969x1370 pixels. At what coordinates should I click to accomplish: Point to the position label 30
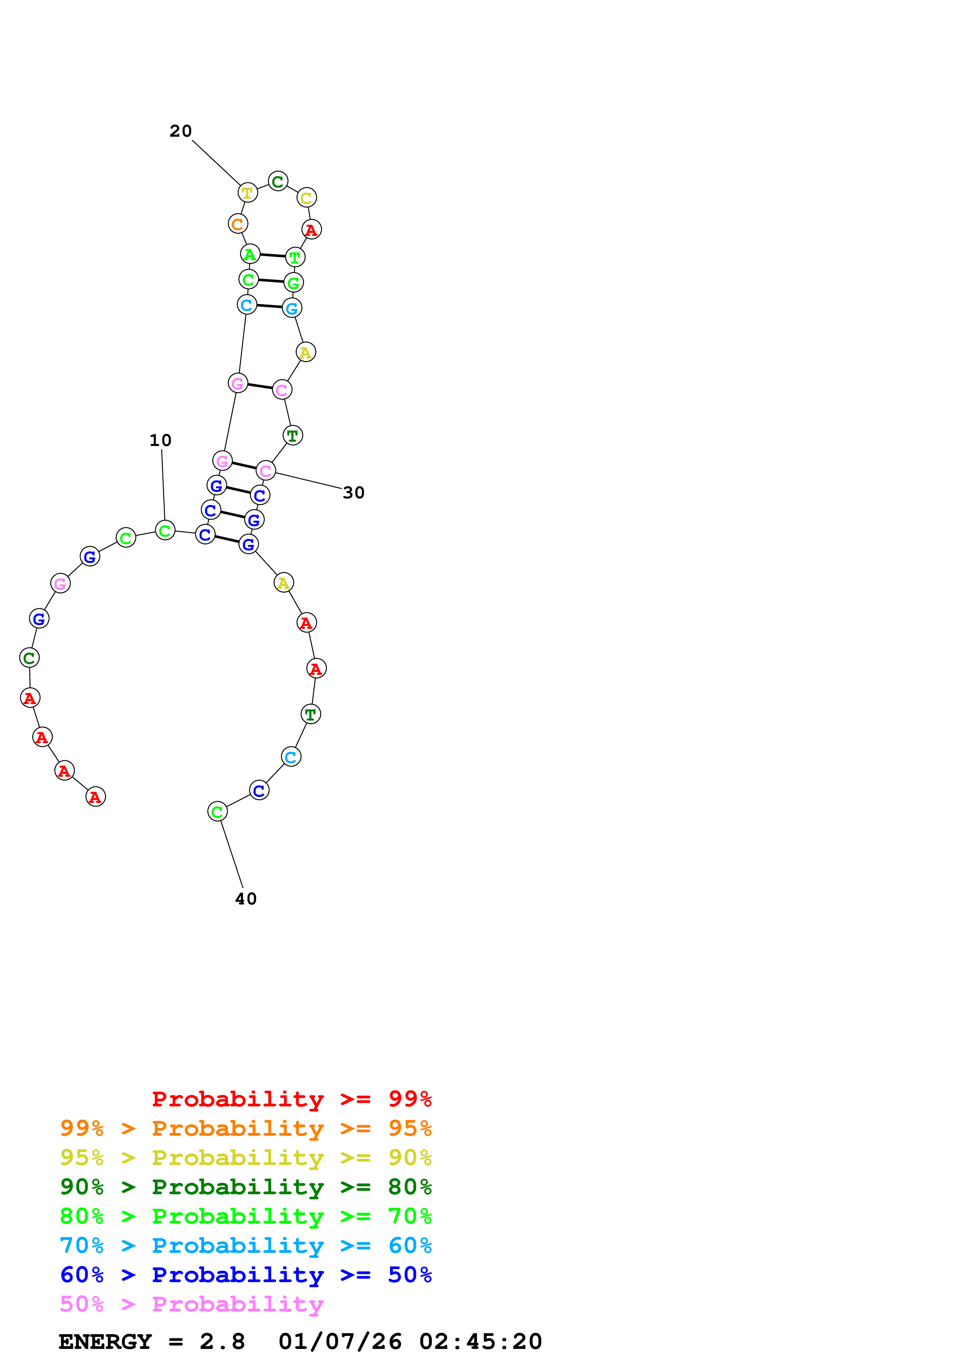353,493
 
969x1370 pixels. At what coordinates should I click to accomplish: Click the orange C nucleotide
238,224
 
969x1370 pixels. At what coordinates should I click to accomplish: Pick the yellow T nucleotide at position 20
247,193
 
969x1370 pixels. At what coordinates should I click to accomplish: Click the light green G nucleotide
293,282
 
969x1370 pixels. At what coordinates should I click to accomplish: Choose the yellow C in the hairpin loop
306,198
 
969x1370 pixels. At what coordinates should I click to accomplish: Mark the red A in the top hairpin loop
312,229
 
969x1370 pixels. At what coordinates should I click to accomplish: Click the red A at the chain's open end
95,797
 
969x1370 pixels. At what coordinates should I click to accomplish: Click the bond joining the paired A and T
272,255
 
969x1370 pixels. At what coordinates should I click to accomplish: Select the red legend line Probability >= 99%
291,1099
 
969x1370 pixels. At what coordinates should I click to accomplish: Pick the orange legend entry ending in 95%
245,1128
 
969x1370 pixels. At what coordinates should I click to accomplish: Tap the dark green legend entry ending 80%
245,1187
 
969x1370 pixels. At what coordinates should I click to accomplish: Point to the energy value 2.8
222,1342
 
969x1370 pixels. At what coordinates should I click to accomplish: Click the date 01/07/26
340,1342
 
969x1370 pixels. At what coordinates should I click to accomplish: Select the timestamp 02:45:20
481,1342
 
